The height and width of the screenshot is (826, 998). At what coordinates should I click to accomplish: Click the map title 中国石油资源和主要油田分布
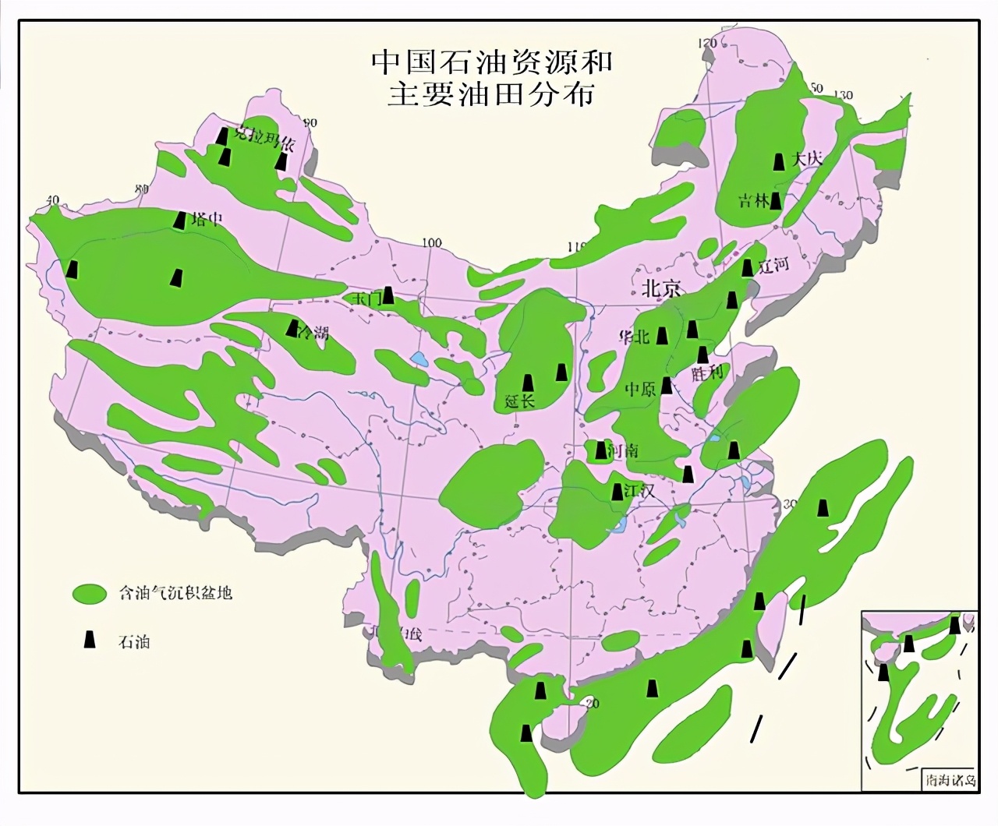491,76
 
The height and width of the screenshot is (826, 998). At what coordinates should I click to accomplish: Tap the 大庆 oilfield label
807,159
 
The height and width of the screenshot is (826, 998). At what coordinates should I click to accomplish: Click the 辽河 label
774,265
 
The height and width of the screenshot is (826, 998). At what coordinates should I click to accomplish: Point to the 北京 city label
661,289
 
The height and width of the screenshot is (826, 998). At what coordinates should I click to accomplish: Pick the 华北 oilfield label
634,337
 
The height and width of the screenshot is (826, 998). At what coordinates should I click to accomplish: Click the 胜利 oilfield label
707,372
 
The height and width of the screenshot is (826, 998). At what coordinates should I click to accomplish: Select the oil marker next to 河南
600,450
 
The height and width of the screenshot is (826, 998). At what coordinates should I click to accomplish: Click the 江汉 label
638,491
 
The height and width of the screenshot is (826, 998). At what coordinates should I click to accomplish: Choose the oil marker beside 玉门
388,295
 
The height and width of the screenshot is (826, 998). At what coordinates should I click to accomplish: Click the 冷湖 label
313,334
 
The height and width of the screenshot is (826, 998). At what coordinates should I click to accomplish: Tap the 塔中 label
207,220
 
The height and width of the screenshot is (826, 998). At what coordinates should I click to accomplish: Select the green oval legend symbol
89,593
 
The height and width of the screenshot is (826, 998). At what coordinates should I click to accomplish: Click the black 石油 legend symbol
90,640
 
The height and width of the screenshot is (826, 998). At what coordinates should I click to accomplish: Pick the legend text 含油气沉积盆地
175,593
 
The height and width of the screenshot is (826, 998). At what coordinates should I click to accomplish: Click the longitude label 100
432,242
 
